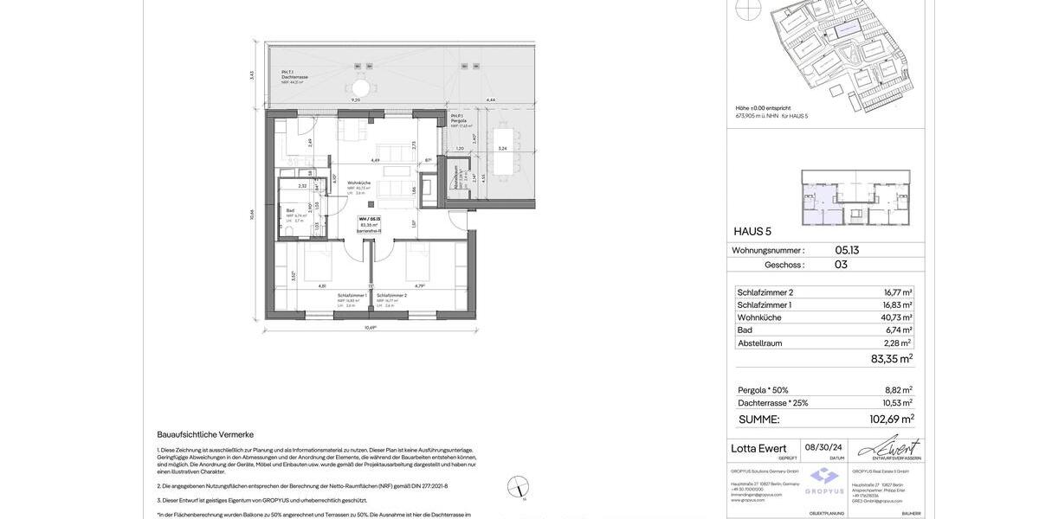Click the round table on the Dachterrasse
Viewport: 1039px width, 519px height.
pos(361,88)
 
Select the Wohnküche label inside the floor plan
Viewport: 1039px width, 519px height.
pos(359,183)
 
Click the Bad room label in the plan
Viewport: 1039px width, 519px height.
pos(291,210)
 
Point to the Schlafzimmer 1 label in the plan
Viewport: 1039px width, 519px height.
pos(352,296)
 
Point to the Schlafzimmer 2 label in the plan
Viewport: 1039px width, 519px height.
pos(391,296)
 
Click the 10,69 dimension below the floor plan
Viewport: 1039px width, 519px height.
pos(371,328)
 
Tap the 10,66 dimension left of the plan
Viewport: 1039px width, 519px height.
pos(253,215)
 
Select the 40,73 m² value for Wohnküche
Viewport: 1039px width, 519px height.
pos(896,317)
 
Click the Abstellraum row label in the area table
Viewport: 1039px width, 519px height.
pos(759,343)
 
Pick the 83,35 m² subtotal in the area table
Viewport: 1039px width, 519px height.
pos(891,359)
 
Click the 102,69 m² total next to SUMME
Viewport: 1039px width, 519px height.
pos(891,420)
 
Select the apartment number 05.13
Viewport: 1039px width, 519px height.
pos(847,250)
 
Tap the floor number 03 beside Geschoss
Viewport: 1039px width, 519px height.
pos(841,265)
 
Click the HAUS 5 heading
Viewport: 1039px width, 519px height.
pos(752,231)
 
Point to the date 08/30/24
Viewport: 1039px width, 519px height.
pos(823,447)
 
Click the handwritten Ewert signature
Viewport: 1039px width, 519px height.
pos(891,447)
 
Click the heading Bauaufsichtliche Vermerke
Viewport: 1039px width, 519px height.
pos(205,434)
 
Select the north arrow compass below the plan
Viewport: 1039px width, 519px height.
pos(518,487)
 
